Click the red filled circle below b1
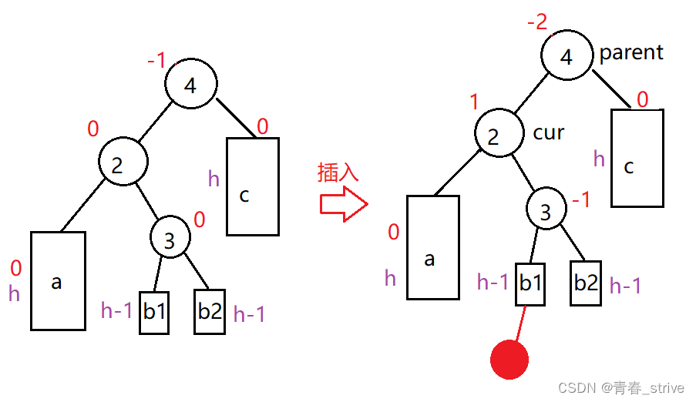[509, 360]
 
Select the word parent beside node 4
[631, 53]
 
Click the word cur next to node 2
[549, 132]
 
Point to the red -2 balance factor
[537, 22]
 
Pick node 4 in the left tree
[191, 85]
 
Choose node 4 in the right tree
[567, 58]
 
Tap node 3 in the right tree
[546, 212]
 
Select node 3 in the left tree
[170, 240]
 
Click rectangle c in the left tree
[253, 186]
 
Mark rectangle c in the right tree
[637, 158]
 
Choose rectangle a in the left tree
[58, 280]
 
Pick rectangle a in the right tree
[433, 247]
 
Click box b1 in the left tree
[154, 312]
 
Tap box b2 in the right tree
[586, 283]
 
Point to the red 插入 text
[338, 173]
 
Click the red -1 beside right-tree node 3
[580, 201]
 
